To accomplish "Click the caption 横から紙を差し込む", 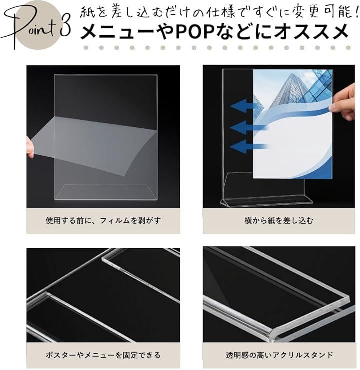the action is click(x=279, y=221).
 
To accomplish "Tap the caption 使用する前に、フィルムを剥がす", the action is click(x=103, y=221).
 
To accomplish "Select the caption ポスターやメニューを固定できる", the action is click(x=103, y=355).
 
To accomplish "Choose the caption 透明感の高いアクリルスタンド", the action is click(x=279, y=355).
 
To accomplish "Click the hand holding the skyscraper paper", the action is click(x=343, y=102).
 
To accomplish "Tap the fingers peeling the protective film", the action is click(x=30, y=148).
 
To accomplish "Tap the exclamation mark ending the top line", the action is click(x=355, y=12).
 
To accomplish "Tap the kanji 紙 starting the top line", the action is click(x=86, y=12).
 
